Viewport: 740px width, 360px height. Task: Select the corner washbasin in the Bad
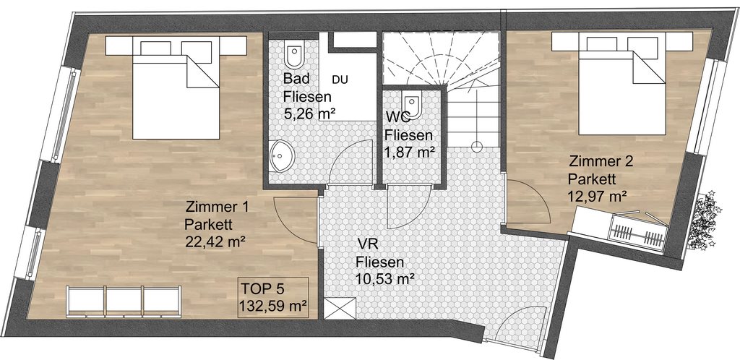(x=282, y=155)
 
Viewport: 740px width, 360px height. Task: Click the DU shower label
(x=340, y=80)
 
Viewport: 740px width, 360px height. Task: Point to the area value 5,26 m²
(x=309, y=113)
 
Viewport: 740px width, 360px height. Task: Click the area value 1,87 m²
(x=409, y=152)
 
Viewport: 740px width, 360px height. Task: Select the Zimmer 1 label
(x=218, y=207)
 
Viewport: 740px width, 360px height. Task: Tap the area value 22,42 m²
(x=216, y=241)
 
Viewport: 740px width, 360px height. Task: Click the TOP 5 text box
(x=273, y=297)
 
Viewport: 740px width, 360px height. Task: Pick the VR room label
(x=366, y=244)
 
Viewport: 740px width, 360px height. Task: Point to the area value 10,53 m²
(x=385, y=278)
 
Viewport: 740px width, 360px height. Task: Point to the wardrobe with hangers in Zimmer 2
(x=639, y=231)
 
